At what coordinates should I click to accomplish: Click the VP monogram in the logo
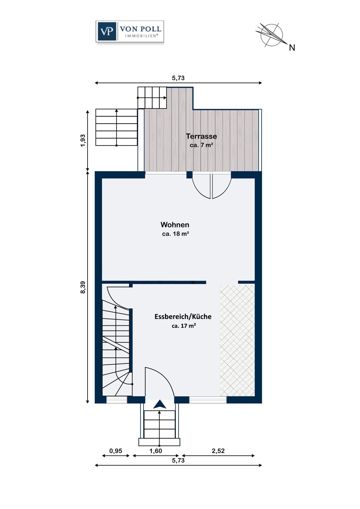[106, 31]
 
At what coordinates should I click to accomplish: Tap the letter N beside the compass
[292, 48]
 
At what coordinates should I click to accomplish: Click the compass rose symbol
[271, 35]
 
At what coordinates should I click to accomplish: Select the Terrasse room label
[201, 136]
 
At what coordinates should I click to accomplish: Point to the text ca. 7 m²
[201, 145]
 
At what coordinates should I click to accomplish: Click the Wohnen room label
[175, 225]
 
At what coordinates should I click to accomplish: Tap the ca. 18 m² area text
[176, 233]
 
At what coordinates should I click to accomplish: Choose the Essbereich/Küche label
[183, 317]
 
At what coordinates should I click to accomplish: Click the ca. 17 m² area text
[184, 326]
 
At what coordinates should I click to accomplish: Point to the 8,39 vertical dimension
[83, 287]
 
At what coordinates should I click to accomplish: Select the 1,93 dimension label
[83, 140]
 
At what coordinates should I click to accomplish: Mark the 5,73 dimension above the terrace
[178, 78]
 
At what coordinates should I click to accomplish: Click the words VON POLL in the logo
[141, 29]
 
